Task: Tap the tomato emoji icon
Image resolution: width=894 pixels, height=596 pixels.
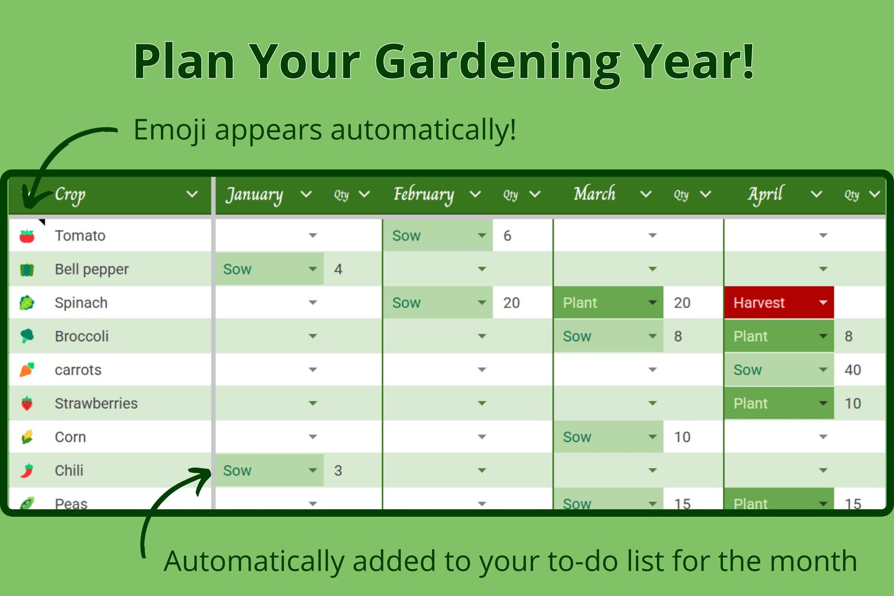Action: click(x=27, y=236)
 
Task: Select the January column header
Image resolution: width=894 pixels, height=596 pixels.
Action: click(x=254, y=194)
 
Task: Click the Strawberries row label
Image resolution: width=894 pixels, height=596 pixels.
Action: click(x=96, y=404)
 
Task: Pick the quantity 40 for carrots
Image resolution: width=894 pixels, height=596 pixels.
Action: click(x=852, y=370)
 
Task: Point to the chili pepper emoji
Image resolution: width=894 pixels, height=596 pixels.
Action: click(x=27, y=470)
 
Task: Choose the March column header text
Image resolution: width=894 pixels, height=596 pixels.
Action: click(x=594, y=194)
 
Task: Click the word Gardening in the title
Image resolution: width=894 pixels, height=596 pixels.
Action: click(x=498, y=62)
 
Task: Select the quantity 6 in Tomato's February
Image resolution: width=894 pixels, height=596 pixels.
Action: click(x=507, y=236)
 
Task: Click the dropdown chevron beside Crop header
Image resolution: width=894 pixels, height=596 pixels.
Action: click(x=192, y=194)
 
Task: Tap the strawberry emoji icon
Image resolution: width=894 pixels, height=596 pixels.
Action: click(x=27, y=404)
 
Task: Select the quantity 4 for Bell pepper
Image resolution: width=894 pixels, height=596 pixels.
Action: click(x=338, y=270)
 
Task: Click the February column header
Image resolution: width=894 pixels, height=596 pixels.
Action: click(x=423, y=194)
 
